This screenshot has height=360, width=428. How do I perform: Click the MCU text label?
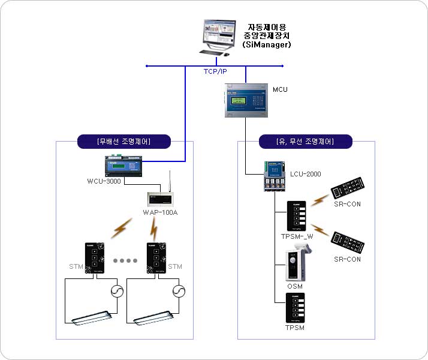click(280, 90)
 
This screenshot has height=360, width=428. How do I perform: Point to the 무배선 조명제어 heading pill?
click(124, 142)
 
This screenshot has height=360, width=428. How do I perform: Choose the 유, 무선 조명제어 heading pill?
click(305, 142)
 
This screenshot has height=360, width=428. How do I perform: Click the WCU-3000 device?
click(125, 164)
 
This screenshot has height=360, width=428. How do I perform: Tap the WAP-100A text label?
click(160, 212)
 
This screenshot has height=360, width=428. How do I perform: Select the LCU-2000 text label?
click(306, 175)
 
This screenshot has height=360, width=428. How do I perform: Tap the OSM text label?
click(295, 286)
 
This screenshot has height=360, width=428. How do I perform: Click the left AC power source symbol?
click(116, 291)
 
